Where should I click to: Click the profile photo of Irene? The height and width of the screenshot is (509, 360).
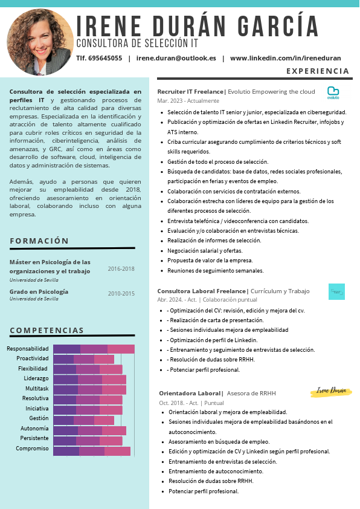40,42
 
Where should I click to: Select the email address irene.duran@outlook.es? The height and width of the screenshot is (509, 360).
176,59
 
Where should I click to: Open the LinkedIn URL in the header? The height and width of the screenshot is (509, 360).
285,59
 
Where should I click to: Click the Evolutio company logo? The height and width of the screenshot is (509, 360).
333,92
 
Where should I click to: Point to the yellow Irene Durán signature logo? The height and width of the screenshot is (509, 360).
331,391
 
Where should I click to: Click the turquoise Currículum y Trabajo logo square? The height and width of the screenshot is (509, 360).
336,291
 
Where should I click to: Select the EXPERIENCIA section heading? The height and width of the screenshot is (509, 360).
318,71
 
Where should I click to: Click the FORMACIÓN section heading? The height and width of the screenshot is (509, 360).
39,241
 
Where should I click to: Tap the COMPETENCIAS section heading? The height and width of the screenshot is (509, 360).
47,330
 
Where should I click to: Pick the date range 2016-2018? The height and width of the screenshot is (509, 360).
121,269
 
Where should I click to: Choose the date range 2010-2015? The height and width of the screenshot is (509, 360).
121,294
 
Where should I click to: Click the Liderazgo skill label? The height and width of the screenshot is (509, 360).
36,378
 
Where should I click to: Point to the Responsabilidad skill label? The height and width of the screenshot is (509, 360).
28,349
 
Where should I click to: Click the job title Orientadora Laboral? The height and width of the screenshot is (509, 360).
190,393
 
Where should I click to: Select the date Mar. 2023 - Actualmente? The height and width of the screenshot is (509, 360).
188,100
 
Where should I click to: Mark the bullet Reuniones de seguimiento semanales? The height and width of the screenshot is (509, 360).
215,271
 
